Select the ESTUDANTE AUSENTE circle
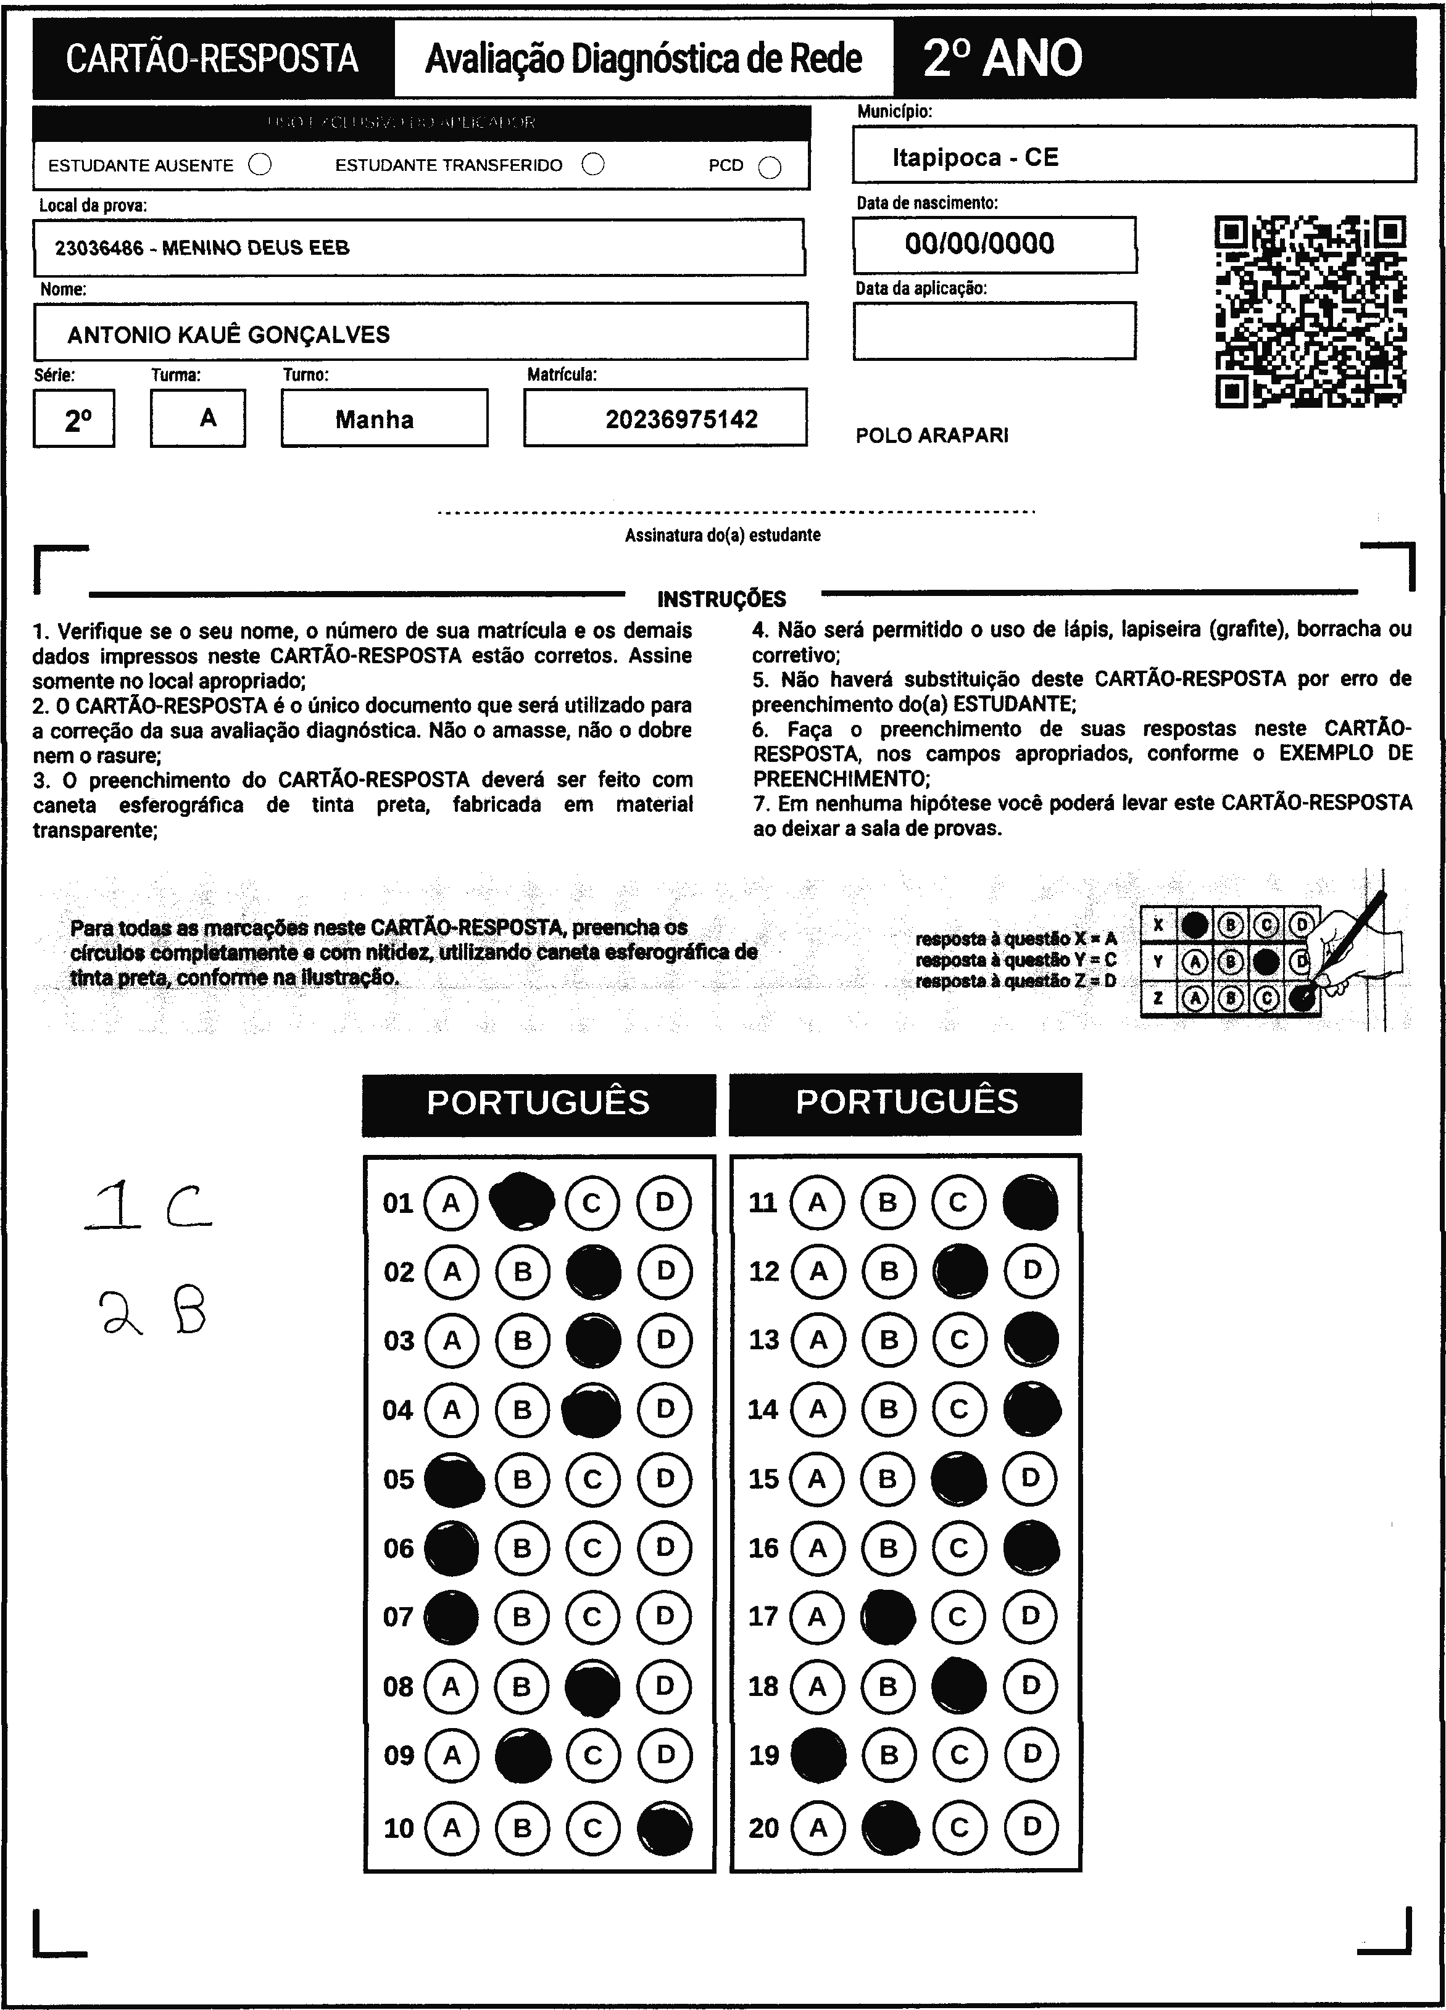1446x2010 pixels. (x=260, y=165)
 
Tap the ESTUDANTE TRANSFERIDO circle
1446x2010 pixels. (x=593, y=165)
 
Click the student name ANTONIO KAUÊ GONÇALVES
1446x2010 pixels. (x=229, y=334)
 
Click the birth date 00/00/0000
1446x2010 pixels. (x=979, y=244)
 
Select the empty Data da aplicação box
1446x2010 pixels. (x=994, y=331)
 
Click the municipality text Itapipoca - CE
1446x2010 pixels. (x=975, y=158)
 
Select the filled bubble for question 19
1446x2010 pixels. (x=817, y=1755)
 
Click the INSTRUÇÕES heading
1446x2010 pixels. (x=721, y=599)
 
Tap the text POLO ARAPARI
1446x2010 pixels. (x=932, y=435)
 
